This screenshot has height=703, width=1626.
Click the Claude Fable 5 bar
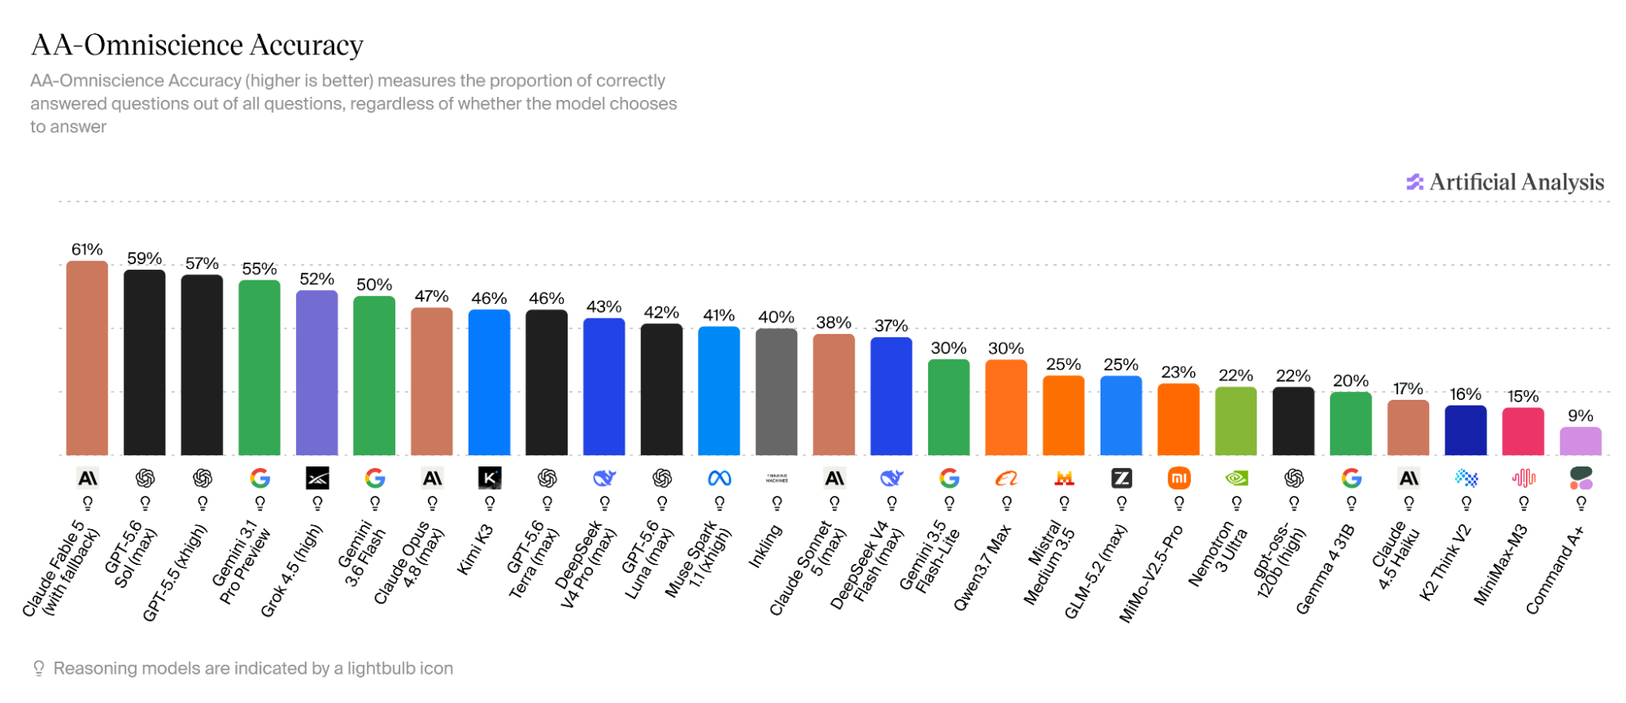[x=87, y=358]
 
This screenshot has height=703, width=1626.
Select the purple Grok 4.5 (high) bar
[x=316, y=372]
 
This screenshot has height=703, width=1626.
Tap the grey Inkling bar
[x=776, y=392]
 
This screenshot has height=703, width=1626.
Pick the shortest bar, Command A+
[x=1580, y=441]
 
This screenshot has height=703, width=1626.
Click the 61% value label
[x=87, y=250]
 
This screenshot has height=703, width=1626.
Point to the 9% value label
[x=1580, y=416]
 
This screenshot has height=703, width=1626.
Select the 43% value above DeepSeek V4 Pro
[x=604, y=307]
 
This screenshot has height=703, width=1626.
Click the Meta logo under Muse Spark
[x=719, y=479]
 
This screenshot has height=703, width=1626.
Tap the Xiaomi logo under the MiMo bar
[x=1179, y=479]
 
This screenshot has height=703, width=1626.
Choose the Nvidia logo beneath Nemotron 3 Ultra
[x=1236, y=479]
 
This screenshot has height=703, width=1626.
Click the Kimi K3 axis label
[x=476, y=550]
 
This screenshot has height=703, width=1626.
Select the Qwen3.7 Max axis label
[x=983, y=567]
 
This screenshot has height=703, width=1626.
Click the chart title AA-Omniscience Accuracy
[x=197, y=45]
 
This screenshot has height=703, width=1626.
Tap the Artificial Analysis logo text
[x=1517, y=182]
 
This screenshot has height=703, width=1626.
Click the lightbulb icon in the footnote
[x=38, y=668]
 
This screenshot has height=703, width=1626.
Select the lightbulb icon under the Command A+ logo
[x=1581, y=504]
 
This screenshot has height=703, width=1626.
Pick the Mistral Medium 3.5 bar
[x=1063, y=415]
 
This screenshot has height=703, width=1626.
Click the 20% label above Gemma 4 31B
[x=1350, y=381]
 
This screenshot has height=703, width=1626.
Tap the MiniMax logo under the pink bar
[x=1524, y=479]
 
